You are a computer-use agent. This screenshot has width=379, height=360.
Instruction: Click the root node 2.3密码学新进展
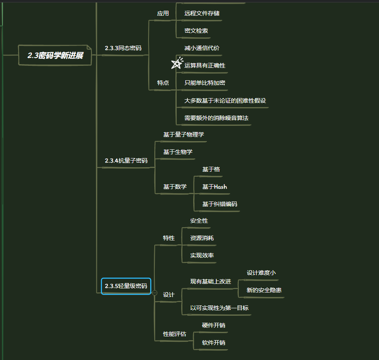pyautogui.click(x=55, y=55)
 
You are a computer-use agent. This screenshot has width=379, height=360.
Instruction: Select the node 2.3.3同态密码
pyautogui.click(x=123, y=48)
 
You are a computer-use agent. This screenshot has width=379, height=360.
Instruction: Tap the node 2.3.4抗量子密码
pyautogui.click(x=126, y=161)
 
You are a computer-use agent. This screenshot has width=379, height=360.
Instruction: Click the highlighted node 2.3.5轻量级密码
pyautogui.click(x=126, y=286)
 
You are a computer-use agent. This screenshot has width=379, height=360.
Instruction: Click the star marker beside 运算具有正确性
pyautogui.click(x=177, y=63)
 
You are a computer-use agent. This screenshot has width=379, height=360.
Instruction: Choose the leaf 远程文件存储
pyautogui.click(x=202, y=13)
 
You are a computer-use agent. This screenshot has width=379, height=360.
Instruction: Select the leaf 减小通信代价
pyautogui.click(x=202, y=48)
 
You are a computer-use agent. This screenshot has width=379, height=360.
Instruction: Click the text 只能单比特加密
pyautogui.click(x=205, y=83)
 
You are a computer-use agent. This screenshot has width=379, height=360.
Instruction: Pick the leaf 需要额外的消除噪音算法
pyautogui.click(x=216, y=118)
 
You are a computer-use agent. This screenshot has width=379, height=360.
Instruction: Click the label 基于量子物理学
pyautogui.click(x=184, y=134)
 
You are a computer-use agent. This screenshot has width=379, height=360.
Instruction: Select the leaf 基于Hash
pyautogui.click(x=214, y=187)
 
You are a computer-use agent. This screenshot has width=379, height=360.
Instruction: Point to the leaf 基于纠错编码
pyautogui.click(x=220, y=204)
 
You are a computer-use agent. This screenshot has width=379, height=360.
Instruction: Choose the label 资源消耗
pyautogui.click(x=202, y=238)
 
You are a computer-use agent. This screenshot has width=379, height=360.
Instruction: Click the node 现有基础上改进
pyautogui.click(x=211, y=281)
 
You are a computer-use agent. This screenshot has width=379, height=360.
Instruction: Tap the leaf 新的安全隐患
pyautogui.click(x=264, y=290)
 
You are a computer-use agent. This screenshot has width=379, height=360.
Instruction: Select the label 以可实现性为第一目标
pyautogui.click(x=219, y=308)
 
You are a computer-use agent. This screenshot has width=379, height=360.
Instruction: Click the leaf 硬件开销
pyautogui.click(x=213, y=325)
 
